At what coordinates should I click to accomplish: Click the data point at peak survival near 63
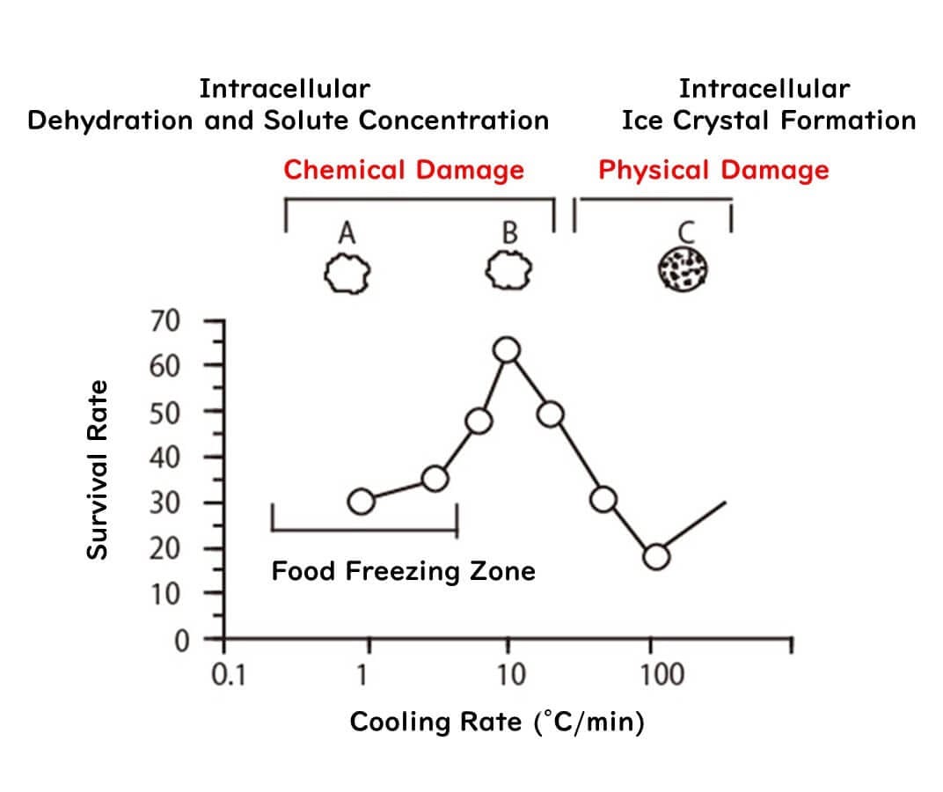point(507,350)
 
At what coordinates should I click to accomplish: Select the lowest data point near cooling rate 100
point(656,556)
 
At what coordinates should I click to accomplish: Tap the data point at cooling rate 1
point(362,502)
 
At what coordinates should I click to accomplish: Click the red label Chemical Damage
point(404,170)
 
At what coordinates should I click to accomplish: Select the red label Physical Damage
point(713,170)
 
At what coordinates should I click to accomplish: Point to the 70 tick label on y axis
point(164,319)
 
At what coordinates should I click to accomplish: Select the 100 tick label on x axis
point(661,675)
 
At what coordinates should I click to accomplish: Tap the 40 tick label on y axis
point(164,457)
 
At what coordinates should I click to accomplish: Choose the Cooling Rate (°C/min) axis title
point(497,722)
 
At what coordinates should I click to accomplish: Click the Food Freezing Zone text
point(403,572)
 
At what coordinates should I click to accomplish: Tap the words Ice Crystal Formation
point(768,121)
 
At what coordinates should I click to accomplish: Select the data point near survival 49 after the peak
point(551,414)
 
